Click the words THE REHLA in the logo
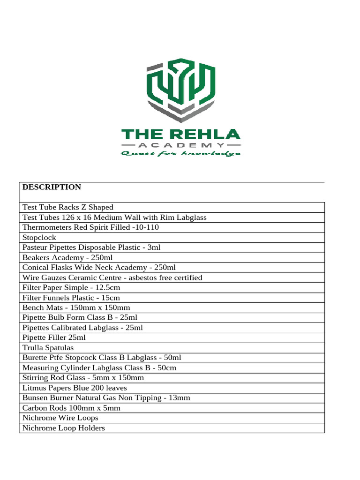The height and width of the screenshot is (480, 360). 181,135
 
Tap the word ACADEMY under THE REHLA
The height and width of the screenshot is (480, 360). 181,145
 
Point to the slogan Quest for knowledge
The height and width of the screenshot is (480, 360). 181,154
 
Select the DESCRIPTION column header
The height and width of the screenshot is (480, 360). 52,187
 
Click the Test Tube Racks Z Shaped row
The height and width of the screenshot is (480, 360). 68,207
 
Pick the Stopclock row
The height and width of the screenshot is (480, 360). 39,238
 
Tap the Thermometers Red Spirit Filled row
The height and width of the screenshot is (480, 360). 90,227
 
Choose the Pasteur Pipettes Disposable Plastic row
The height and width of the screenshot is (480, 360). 91,247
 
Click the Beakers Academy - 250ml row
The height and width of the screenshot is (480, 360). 67,258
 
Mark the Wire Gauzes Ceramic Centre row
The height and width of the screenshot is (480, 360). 112,277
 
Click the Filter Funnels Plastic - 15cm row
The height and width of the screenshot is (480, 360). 71,298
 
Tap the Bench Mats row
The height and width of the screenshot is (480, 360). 76,308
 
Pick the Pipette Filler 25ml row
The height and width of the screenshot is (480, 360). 54,337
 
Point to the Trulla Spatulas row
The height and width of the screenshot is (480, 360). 48,348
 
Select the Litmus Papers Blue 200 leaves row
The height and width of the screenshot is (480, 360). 75,388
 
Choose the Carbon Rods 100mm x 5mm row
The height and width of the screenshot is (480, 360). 71,408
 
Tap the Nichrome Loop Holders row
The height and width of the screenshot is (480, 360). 63,428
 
